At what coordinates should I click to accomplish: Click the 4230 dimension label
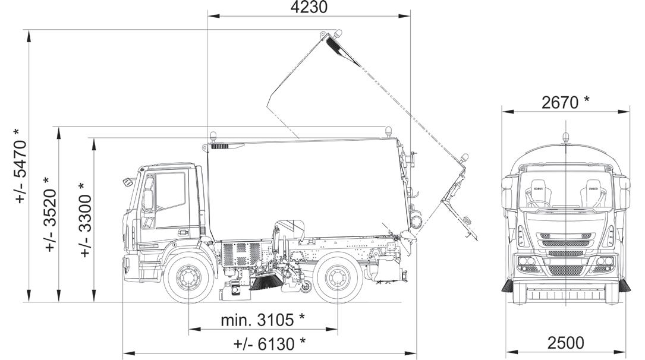click(x=309, y=7)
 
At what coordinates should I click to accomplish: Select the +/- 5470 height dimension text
click(x=20, y=166)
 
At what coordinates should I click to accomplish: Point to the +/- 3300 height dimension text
click(x=86, y=220)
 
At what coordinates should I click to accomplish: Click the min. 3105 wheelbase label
click(x=263, y=320)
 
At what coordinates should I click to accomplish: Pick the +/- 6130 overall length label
click(x=269, y=343)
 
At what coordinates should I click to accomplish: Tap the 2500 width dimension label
click(x=565, y=342)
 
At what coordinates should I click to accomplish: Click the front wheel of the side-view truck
click(x=188, y=279)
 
